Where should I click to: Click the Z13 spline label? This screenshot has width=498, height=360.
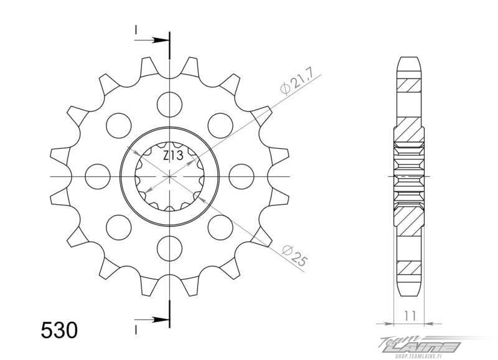[173, 156]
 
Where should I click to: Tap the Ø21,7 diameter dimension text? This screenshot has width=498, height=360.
[298, 82]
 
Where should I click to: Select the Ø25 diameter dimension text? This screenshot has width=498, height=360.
[295, 255]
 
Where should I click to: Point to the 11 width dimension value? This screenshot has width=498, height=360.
[410, 316]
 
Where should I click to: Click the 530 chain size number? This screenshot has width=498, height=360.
[59, 330]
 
